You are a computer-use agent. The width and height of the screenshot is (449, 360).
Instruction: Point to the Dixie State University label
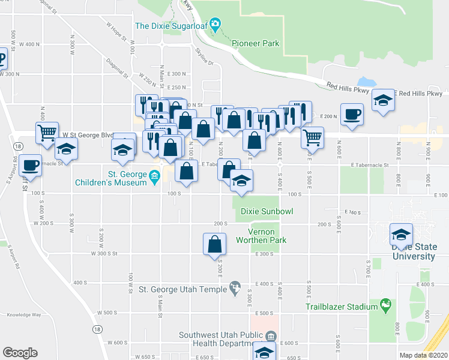click(x=413, y=252)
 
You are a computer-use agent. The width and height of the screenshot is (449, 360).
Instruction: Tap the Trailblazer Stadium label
click(x=341, y=307)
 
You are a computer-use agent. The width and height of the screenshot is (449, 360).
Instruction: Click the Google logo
click(x=20, y=353)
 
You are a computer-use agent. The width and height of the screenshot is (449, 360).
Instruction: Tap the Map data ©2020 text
click(x=423, y=355)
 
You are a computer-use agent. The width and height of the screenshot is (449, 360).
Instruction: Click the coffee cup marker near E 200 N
click(x=352, y=113)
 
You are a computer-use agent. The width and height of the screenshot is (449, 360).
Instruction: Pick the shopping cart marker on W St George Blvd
click(x=47, y=133)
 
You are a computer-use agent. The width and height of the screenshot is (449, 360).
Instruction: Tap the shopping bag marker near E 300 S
click(x=215, y=244)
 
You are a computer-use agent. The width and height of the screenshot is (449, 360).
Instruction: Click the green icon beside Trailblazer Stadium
click(x=384, y=307)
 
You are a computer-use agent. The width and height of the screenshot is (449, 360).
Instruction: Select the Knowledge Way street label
click(x=24, y=314)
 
